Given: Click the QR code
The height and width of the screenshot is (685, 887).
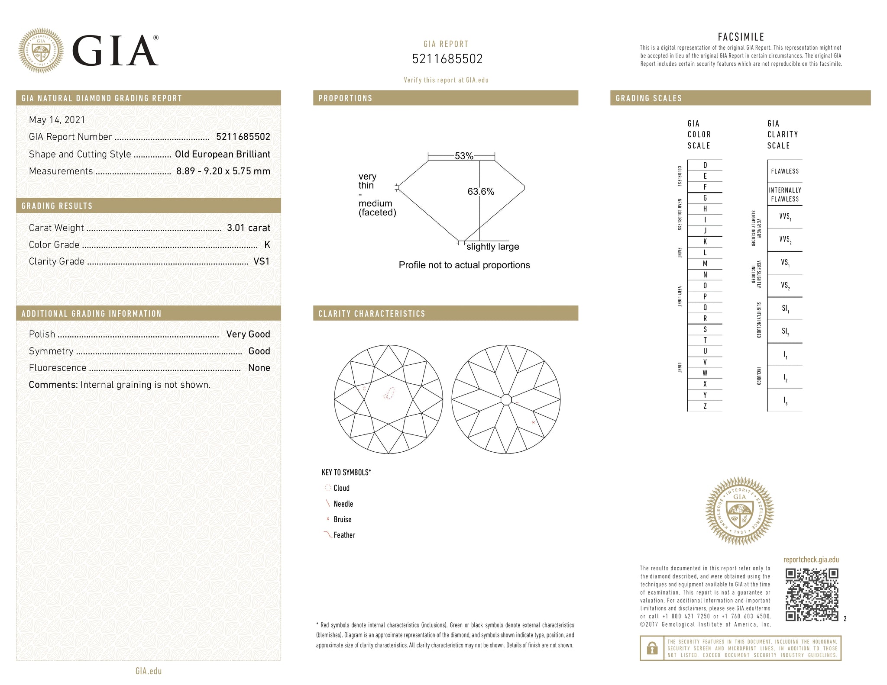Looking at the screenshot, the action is click(x=812, y=595).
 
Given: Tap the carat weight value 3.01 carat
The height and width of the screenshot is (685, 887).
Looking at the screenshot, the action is click(x=249, y=228).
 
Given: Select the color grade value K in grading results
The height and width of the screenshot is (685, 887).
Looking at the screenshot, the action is click(x=267, y=244).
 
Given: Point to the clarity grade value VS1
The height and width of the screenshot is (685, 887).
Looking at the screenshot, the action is click(x=262, y=261).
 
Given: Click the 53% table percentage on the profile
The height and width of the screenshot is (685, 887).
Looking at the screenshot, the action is click(x=464, y=156).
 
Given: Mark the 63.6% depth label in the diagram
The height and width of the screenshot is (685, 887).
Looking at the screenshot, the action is click(x=481, y=191).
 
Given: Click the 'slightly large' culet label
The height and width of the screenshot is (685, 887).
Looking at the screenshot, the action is click(x=493, y=247).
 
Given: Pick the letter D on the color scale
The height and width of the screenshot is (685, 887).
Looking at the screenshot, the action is click(x=705, y=165).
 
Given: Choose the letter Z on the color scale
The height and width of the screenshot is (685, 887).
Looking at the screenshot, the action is click(x=705, y=406).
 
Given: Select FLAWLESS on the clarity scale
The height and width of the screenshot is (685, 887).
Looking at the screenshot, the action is click(x=785, y=171).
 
